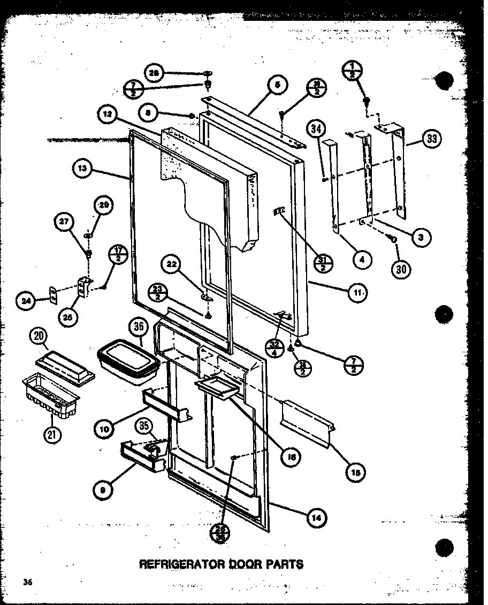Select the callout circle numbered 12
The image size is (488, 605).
click(107, 114)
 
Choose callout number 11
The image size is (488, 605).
click(357, 292)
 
